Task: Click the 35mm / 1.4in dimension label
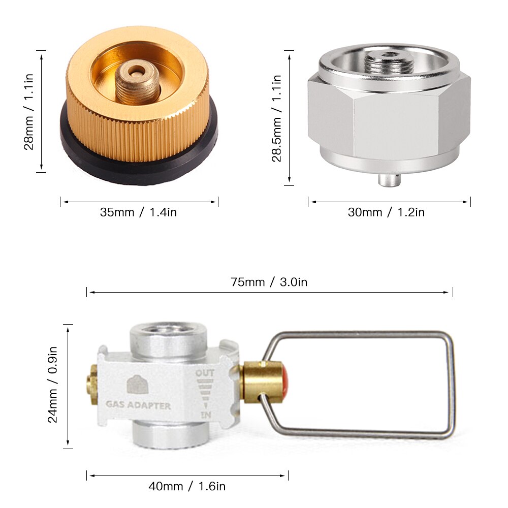click(x=138, y=212)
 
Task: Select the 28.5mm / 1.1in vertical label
click(x=277, y=118)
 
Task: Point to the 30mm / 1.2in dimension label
click(x=386, y=212)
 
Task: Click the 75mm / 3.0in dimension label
click(x=269, y=282)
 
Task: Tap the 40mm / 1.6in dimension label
click(x=187, y=487)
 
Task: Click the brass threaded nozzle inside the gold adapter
click(x=137, y=83)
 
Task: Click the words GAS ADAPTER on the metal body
click(x=138, y=406)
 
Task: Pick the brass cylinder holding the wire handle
click(x=262, y=382)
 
